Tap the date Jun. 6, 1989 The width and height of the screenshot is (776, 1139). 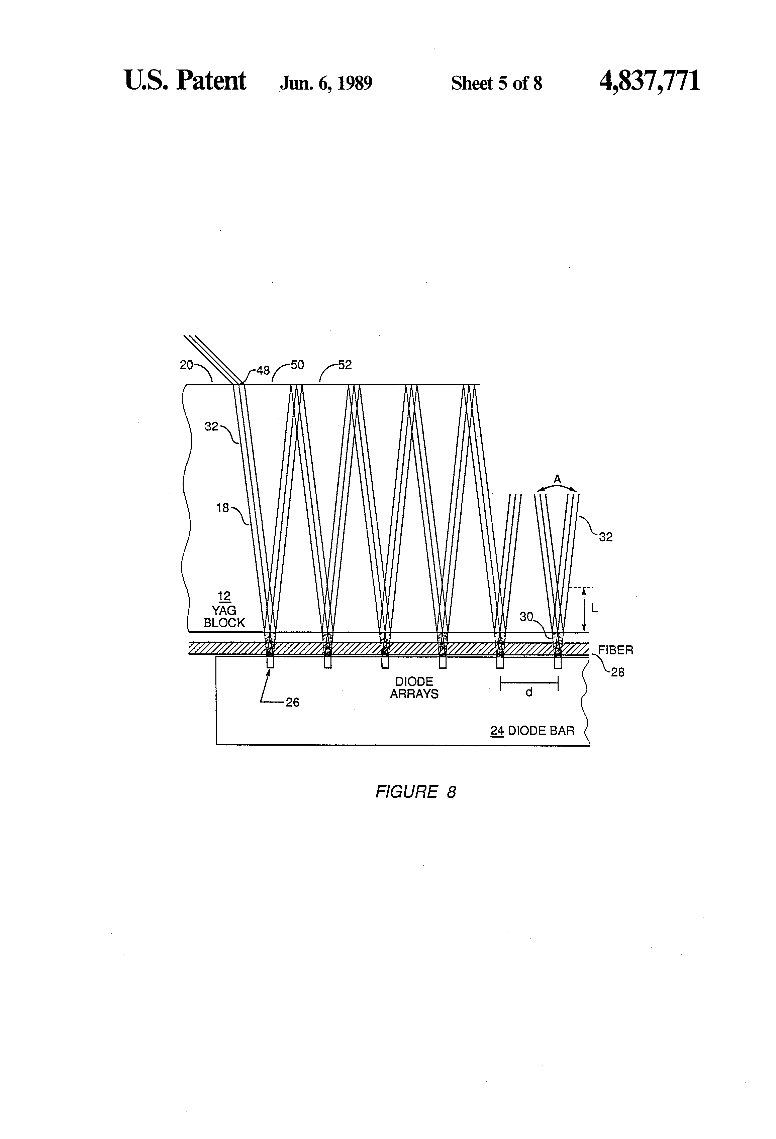326,83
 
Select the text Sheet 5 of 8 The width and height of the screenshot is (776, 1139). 496,83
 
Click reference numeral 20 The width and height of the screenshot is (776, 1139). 186,365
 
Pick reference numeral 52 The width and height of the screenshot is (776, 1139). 345,365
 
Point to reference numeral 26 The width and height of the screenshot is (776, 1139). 292,702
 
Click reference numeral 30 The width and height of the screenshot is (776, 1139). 526,617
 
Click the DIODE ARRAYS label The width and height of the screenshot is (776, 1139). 414,687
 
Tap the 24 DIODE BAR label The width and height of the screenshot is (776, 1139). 532,731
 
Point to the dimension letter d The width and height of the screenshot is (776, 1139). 529,692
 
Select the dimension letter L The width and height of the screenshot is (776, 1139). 594,609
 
